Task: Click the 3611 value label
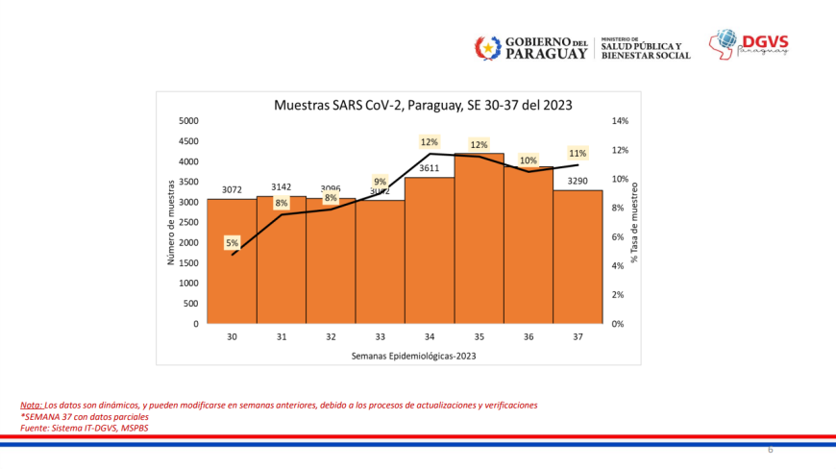click(x=430, y=168)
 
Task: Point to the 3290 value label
click(x=578, y=181)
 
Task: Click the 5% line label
click(x=233, y=243)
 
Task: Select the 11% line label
click(x=578, y=153)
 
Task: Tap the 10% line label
click(x=529, y=160)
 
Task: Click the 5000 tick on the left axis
click(x=188, y=121)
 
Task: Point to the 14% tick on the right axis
click(x=620, y=121)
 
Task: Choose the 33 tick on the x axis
click(x=381, y=337)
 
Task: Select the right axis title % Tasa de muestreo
click(x=635, y=221)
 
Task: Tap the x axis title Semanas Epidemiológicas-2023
click(x=413, y=356)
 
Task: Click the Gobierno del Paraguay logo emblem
click(x=488, y=47)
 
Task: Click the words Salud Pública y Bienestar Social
click(x=646, y=50)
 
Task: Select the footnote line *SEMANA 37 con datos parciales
click(x=85, y=417)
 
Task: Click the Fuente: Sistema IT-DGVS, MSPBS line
click(x=85, y=428)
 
